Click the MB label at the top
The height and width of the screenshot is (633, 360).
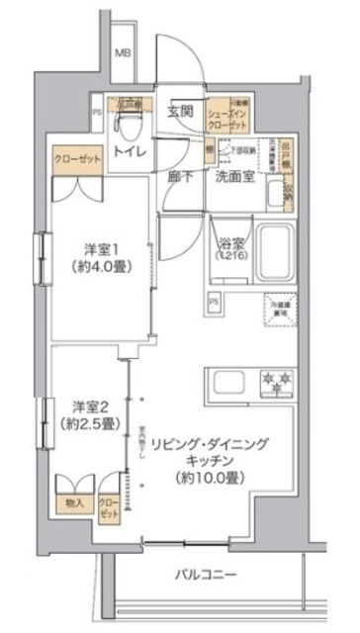pyautogui.click(x=127, y=53)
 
